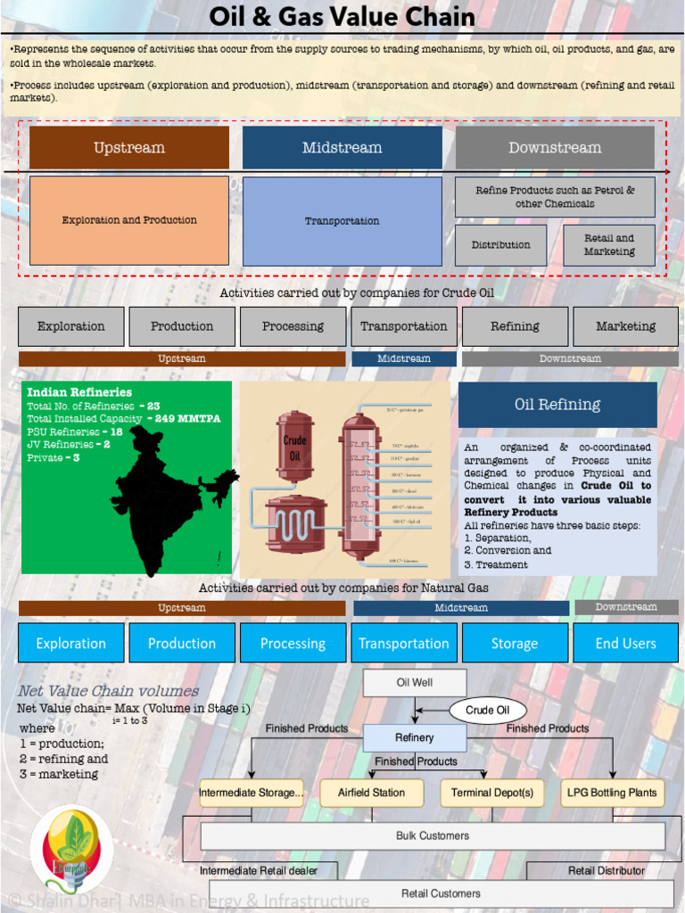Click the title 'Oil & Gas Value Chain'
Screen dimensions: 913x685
[342, 17]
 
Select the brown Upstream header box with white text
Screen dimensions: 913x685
[129, 148]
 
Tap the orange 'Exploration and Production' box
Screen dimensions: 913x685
[129, 220]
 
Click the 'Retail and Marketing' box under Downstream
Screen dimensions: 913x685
[609, 245]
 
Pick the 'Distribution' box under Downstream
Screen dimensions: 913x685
[500, 245]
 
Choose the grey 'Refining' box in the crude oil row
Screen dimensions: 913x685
[515, 326]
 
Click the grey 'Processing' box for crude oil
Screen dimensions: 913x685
[293, 326]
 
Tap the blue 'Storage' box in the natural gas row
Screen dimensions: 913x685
[515, 643]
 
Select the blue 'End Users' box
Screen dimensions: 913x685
[625, 643]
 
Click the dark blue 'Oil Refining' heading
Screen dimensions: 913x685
[557, 405]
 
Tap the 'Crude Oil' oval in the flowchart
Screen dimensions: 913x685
[487, 711]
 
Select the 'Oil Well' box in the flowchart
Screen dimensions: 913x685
[415, 683]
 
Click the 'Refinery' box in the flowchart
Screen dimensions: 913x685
[415, 738]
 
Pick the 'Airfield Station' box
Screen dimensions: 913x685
[372, 793]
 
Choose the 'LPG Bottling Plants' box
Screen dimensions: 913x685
[612, 793]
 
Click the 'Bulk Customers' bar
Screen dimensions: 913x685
[433, 836]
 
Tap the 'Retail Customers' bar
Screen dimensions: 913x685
[442, 893]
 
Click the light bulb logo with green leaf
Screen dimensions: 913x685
[71, 847]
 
